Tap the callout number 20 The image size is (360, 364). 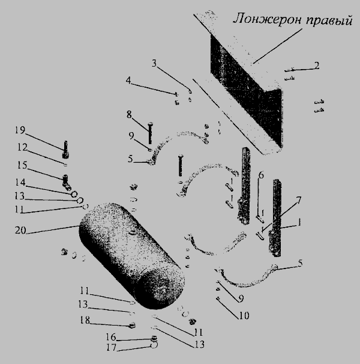pos(20,230)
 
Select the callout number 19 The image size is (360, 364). pos(20,130)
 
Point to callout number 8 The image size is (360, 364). pos(129,115)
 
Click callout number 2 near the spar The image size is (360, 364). pos(317,65)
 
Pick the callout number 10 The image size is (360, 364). pos(244,315)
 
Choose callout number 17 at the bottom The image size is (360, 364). pos(112,347)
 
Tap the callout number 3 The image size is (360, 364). pos(154,63)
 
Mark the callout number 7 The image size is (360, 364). pos(299,201)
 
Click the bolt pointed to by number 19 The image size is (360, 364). pos(65,150)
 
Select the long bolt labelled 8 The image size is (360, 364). pos(151,133)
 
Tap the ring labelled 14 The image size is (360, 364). pos(74,194)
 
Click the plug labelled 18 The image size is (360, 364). pos(132,325)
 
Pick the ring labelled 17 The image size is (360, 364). pos(154,345)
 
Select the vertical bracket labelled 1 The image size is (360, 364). pos(275,218)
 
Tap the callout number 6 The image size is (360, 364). pos(261,175)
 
